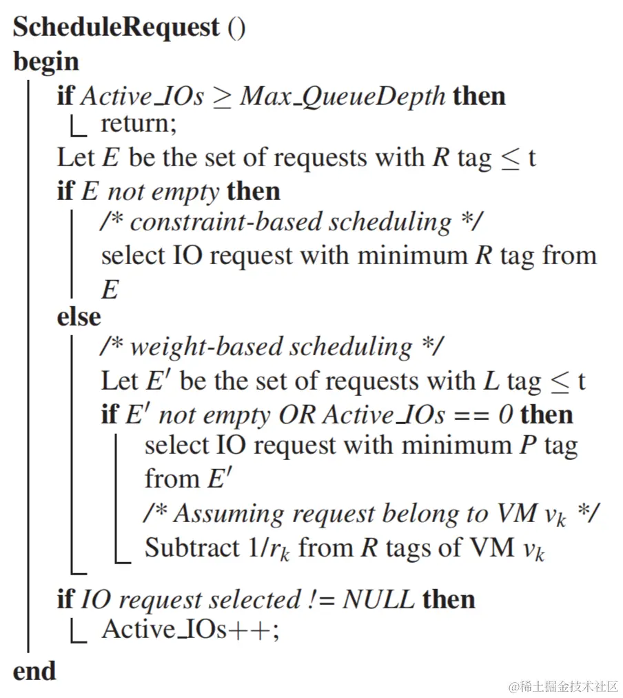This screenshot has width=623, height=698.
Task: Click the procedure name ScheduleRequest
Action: (x=116, y=27)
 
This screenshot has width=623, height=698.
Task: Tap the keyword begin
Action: (x=45, y=62)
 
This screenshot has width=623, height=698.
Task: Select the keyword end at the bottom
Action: (x=34, y=670)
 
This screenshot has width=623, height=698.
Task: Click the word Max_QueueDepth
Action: (x=343, y=96)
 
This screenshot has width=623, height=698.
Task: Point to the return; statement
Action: (x=139, y=124)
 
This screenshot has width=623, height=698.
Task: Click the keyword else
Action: (x=79, y=317)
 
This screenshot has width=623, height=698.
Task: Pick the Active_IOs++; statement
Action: (x=191, y=630)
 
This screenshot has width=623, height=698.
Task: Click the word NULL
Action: (x=378, y=599)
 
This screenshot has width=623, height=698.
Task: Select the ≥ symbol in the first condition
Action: (x=222, y=97)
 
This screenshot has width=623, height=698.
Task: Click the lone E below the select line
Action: (x=110, y=289)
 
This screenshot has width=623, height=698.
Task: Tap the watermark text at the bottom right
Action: (x=563, y=686)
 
